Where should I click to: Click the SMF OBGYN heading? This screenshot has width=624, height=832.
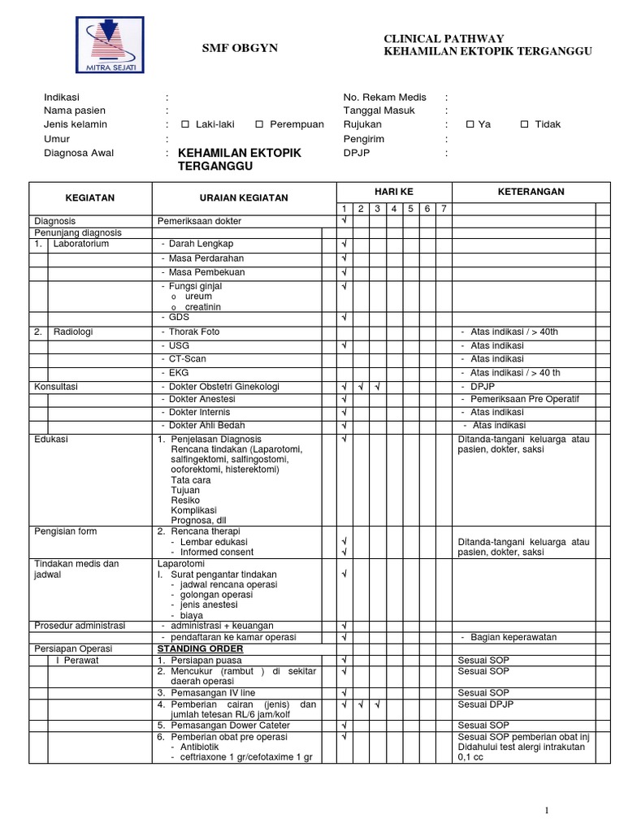(240, 49)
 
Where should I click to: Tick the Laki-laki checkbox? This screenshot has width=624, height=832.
(185, 125)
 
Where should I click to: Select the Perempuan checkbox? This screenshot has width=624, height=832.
(259, 125)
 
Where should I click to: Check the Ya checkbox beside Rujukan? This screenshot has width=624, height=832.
(470, 125)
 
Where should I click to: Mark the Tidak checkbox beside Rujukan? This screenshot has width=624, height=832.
(524, 125)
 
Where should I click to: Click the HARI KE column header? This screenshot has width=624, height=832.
(394, 191)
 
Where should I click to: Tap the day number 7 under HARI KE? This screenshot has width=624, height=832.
(444, 209)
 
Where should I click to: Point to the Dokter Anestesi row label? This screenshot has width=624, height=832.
(199, 399)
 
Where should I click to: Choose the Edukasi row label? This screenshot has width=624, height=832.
(50, 439)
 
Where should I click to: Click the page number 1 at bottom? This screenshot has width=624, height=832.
(548, 810)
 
